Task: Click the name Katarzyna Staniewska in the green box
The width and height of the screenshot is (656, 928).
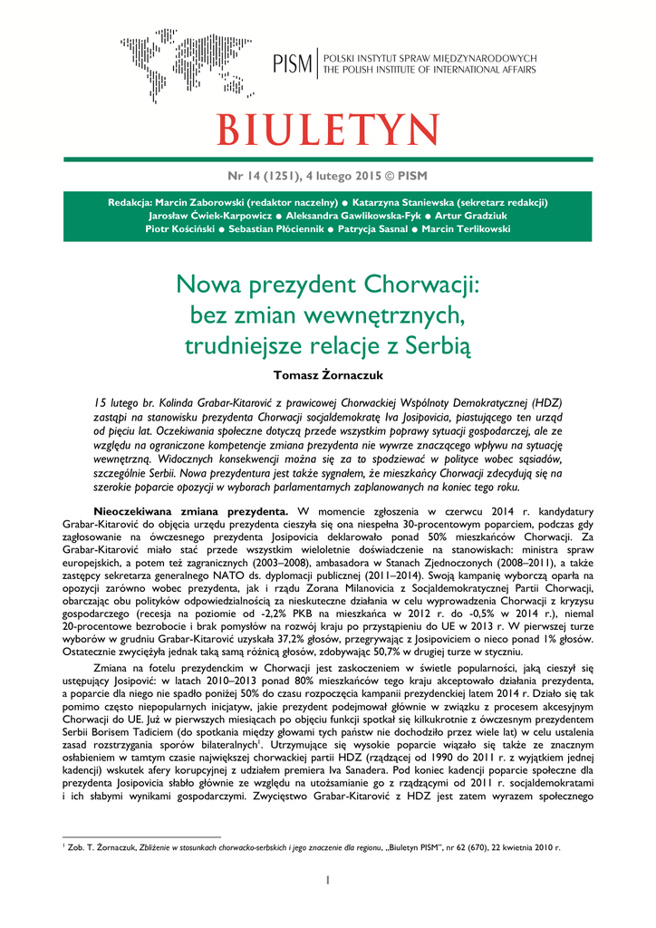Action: (412, 202)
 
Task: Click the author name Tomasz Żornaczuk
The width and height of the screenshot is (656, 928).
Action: (327, 372)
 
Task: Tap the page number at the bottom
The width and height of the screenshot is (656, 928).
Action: (328, 880)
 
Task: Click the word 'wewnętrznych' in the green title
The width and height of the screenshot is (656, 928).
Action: (390, 316)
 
